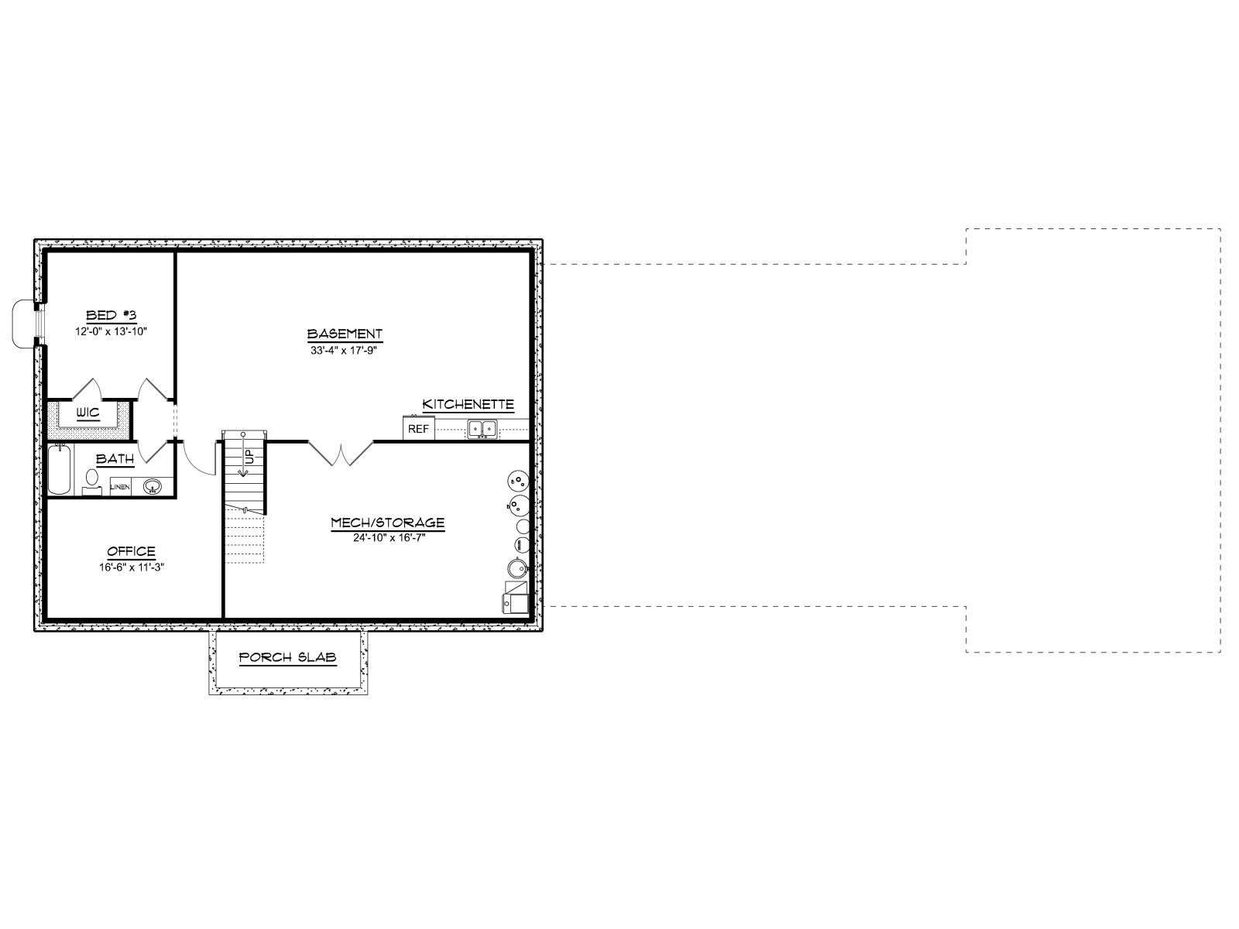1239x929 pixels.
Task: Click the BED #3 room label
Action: click(112, 315)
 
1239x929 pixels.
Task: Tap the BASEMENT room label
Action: click(345, 334)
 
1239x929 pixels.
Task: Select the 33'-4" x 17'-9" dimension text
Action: click(343, 350)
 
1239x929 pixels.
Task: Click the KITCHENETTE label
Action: click(468, 404)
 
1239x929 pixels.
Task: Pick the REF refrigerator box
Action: click(418, 428)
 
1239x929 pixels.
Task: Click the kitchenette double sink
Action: click(482, 429)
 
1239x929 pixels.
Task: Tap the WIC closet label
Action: click(88, 413)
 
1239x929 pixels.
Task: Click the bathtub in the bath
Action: click(59, 469)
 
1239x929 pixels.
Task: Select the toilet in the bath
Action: click(91, 481)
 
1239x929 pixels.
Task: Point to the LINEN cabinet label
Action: click(120, 487)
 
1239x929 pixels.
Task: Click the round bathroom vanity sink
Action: click(152, 486)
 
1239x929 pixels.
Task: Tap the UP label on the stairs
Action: click(250, 456)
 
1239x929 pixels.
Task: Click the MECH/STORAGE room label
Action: click(388, 523)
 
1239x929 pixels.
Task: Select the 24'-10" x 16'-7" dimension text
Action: click(389, 537)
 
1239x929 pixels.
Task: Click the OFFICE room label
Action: click(132, 551)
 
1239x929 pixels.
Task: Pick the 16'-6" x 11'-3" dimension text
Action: click(132, 567)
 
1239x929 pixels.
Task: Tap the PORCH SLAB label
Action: click(288, 657)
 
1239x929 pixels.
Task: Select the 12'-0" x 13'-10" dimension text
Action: click(112, 331)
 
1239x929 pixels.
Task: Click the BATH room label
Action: click(115, 459)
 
